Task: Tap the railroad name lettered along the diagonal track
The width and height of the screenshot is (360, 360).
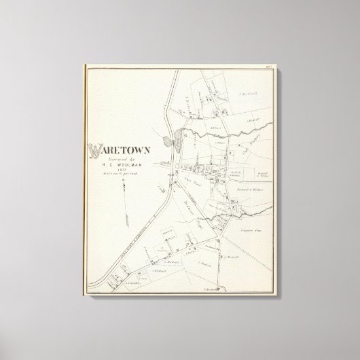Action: click(129, 225)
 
